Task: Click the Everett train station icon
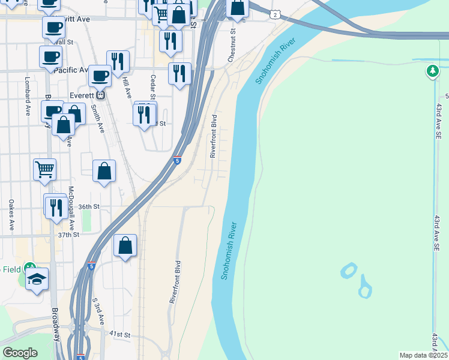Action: coord(101,95)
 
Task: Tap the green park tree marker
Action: coord(432,72)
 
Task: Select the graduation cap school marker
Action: coord(37,279)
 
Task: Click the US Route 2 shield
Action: coord(274,14)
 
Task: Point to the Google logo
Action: coord(20,353)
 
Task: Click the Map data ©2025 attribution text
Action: coord(423,355)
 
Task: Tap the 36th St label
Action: coord(87,206)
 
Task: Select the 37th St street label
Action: coord(68,235)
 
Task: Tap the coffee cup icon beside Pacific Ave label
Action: coord(50,56)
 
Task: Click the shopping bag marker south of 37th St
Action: coord(125,245)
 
